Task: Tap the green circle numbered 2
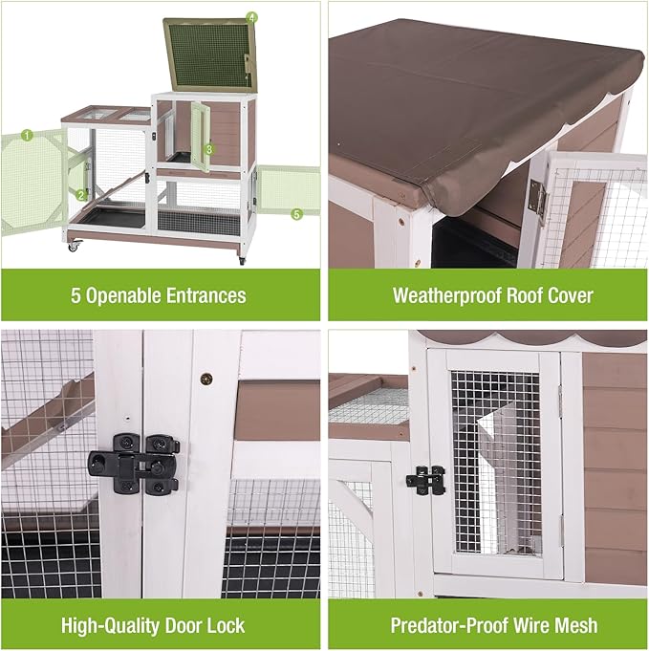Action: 83,194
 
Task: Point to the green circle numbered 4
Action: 251,17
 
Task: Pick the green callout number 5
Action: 296,214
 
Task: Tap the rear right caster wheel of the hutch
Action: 242,259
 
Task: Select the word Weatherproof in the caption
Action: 443,295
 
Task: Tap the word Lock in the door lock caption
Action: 225,626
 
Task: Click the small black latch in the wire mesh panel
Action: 426,480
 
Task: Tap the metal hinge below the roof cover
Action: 537,200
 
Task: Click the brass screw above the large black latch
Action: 205,379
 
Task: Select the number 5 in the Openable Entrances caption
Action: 76,295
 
